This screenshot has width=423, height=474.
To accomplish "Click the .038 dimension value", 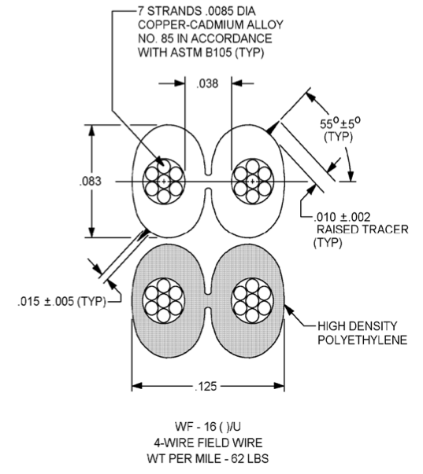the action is click(x=207, y=83).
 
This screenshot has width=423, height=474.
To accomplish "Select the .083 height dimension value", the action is click(x=91, y=181).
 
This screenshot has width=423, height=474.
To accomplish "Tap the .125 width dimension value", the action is click(x=206, y=386).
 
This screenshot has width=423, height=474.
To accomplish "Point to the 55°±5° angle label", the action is click(x=340, y=123).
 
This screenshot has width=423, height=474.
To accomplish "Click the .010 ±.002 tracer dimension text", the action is click(x=342, y=217).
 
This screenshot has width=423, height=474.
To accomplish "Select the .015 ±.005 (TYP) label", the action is click(x=61, y=301).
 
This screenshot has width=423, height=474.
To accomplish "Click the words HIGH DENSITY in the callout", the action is click(x=358, y=326).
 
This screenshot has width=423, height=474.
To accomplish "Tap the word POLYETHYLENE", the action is click(x=362, y=340).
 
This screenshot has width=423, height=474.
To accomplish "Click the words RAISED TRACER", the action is click(x=362, y=230).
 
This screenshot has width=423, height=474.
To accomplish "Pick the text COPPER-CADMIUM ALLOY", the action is click(x=210, y=24).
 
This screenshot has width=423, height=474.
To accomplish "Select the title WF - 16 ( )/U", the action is click(x=208, y=427).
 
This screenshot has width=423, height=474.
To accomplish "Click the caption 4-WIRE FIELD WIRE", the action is click(x=208, y=443).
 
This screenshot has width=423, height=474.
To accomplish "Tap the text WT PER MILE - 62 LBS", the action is click(x=208, y=458).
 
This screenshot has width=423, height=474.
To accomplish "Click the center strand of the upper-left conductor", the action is click(x=164, y=182).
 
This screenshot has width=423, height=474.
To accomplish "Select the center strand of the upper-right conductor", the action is click(x=252, y=182).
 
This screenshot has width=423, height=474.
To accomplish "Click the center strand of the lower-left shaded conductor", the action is click(x=164, y=300).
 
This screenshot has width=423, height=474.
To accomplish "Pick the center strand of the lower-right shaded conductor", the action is click(x=252, y=300).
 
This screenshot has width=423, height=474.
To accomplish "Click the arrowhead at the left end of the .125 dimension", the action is click(x=137, y=386).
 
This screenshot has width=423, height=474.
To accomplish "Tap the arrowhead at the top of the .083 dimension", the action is click(x=92, y=130).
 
